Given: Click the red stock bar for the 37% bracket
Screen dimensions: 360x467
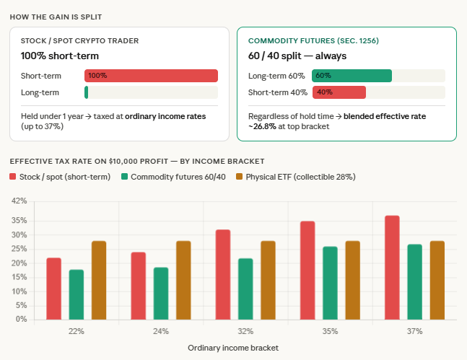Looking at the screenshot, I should point(392,267).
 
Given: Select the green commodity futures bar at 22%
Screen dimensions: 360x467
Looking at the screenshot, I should point(77,294).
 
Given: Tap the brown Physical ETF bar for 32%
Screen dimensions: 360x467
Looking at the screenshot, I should point(268,280).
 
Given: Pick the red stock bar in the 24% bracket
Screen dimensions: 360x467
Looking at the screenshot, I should point(139,286).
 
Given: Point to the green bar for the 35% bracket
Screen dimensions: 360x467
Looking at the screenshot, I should point(330,283).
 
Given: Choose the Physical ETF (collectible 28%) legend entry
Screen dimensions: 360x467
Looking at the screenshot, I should point(295,177).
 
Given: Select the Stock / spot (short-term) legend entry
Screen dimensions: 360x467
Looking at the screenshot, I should point(60,177).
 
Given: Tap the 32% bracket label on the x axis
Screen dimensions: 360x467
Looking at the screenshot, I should point(245,331).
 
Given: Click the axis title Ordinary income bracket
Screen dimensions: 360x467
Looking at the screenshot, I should point(233,347).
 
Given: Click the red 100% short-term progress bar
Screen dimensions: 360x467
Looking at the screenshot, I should point(151,75).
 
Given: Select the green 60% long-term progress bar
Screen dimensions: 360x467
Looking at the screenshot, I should point(352,75).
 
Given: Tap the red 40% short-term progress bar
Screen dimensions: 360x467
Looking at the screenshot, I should point(339,92).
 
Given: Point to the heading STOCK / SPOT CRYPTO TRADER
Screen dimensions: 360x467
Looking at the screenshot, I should point(80,40).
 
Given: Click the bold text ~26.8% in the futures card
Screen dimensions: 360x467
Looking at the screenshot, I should point(263,126).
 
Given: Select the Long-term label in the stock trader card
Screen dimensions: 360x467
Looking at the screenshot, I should point(40,92).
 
